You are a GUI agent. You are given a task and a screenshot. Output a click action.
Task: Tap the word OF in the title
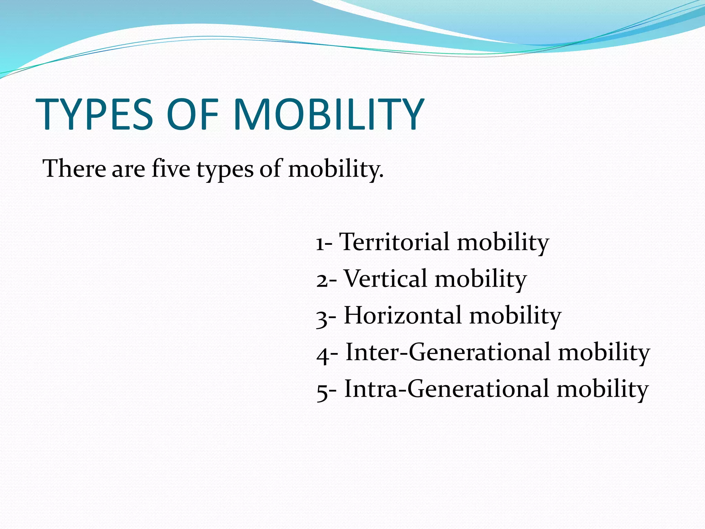click(192, 114)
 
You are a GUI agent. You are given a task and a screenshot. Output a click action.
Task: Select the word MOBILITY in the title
click(329, 114)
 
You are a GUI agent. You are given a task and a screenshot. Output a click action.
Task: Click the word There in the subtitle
click(74, 169)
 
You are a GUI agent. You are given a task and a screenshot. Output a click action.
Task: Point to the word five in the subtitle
click(171, 169)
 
